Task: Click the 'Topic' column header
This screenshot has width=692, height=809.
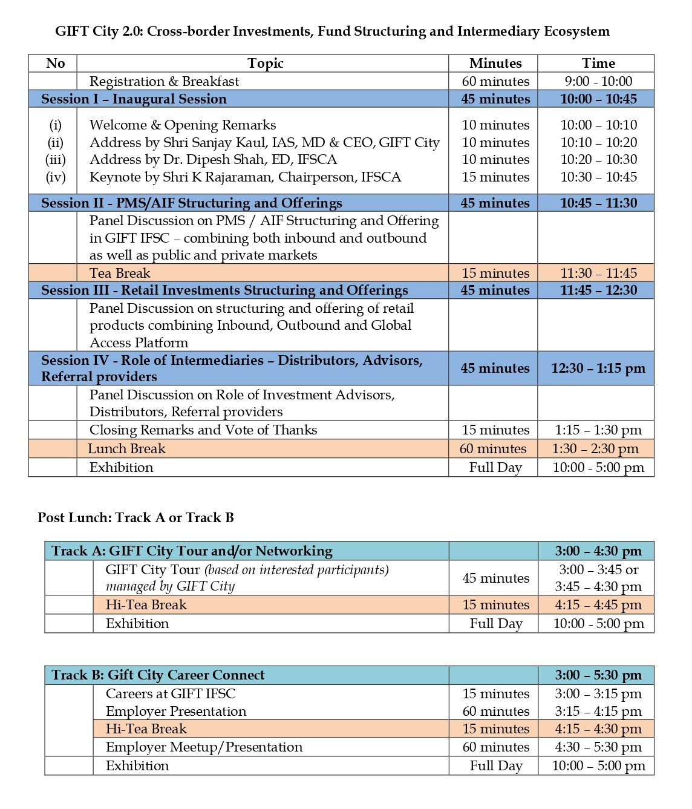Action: click(x=265, y=64)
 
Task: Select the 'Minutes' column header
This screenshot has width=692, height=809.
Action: click(x=495, y=64)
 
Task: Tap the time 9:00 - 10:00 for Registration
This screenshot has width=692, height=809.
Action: click(x=598, y=81)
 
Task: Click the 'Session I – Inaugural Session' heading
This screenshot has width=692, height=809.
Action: click(x=134, y=99)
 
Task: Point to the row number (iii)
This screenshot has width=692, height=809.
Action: click(x=55, y=160)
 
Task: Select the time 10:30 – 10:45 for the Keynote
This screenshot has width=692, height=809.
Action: click(x=598, y=177)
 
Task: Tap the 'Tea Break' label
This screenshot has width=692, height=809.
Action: click(x=120, y=273)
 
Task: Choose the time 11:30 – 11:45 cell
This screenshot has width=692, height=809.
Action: click(x=598, y=273)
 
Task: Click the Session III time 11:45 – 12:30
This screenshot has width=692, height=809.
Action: click(x=598, y=290)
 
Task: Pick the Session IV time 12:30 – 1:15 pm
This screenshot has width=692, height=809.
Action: click(x=598, y=368)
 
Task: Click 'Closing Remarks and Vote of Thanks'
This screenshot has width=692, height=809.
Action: click(x=203, y=430)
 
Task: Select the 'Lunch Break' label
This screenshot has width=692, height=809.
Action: click(x=126, y=449)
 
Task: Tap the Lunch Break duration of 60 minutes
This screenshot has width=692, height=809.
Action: click(x=493, y=449)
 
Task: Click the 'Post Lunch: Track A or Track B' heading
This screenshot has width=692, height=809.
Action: click(x=135, y=518)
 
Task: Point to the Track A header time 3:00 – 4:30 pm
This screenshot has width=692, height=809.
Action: click(x=598, y=551)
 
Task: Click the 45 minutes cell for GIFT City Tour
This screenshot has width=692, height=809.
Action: click(x=495, y=578)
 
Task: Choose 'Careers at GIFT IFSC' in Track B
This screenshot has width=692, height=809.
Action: click(x=171, y=694)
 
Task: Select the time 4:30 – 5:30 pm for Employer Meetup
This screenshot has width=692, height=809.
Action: click(x=598, y=747)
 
